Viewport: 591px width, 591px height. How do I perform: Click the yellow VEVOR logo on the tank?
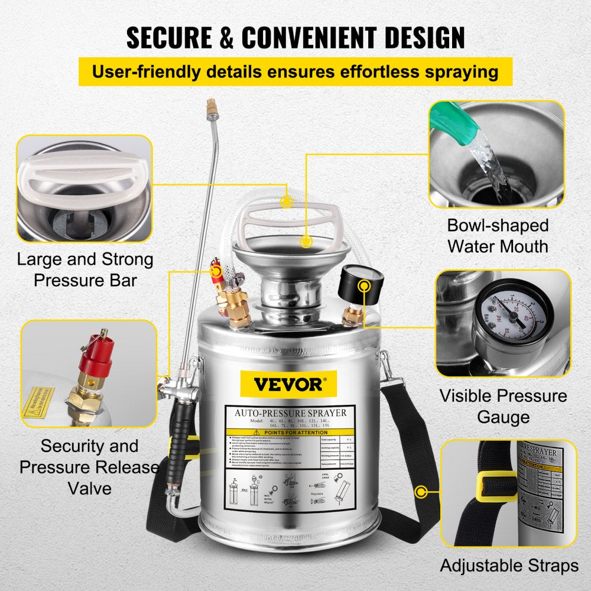click(288, 384)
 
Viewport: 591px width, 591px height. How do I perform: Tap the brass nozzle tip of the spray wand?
click(209, 108)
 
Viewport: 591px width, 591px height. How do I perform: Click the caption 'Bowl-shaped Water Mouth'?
click(498, 235)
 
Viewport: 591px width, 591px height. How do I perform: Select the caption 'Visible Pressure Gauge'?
click(503, 406)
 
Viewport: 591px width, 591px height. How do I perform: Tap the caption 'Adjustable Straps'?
click(508, 566)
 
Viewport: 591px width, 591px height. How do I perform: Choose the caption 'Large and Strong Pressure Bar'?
click(85, 269)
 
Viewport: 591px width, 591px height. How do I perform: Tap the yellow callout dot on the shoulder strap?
click(421, 491)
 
